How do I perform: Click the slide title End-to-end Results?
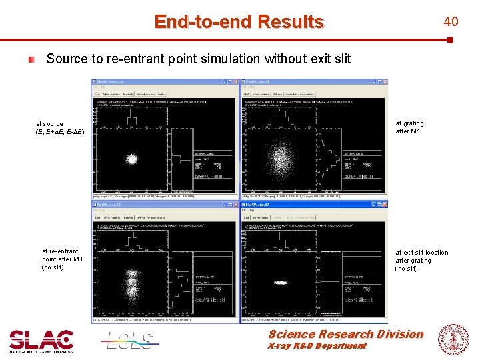(x=239, y=22)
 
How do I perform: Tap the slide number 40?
(x=451, y=22)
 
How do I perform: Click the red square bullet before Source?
(x=31, y=59)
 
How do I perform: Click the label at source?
(x=50, y=123)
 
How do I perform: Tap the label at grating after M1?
(x=409, y=127)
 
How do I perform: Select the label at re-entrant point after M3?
(x=62, y=259)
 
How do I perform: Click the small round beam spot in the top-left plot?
(x=131, y=159)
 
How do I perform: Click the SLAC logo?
(x=41, y=340)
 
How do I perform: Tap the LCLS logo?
(x=131, y=340)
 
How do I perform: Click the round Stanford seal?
(x=452, y=338)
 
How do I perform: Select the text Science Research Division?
(x=345, y=334)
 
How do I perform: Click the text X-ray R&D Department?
(x=317, y=346)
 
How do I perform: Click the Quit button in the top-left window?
(x=97, y=94)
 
